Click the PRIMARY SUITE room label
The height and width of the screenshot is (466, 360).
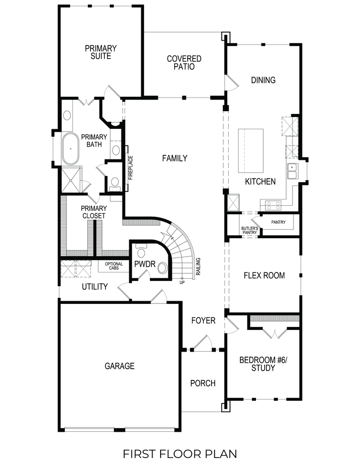pos(100,52)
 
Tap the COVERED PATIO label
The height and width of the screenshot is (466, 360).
pos(184,63)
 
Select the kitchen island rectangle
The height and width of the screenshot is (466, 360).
pos(250,150)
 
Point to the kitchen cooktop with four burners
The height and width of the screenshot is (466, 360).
pos(274,205)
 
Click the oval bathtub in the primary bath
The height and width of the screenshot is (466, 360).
pos(70,149)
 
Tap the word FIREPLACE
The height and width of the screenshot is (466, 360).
pos(130,167)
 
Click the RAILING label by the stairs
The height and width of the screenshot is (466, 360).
pos(198,267)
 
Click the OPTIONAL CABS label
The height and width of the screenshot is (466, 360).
pos(114,266)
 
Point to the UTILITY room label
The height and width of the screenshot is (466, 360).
pos(94,287)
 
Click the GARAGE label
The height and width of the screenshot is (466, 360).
pos(119,366)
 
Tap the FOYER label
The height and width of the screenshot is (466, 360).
pos(203,321)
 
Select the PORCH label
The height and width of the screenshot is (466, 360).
pos(202,384)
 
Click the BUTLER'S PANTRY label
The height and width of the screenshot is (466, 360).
pos(249,231)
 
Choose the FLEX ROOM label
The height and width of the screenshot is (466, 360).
pos(264,275)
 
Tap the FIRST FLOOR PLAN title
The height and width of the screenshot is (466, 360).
pos(180,453)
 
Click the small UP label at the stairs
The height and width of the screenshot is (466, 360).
pos(182,282)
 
